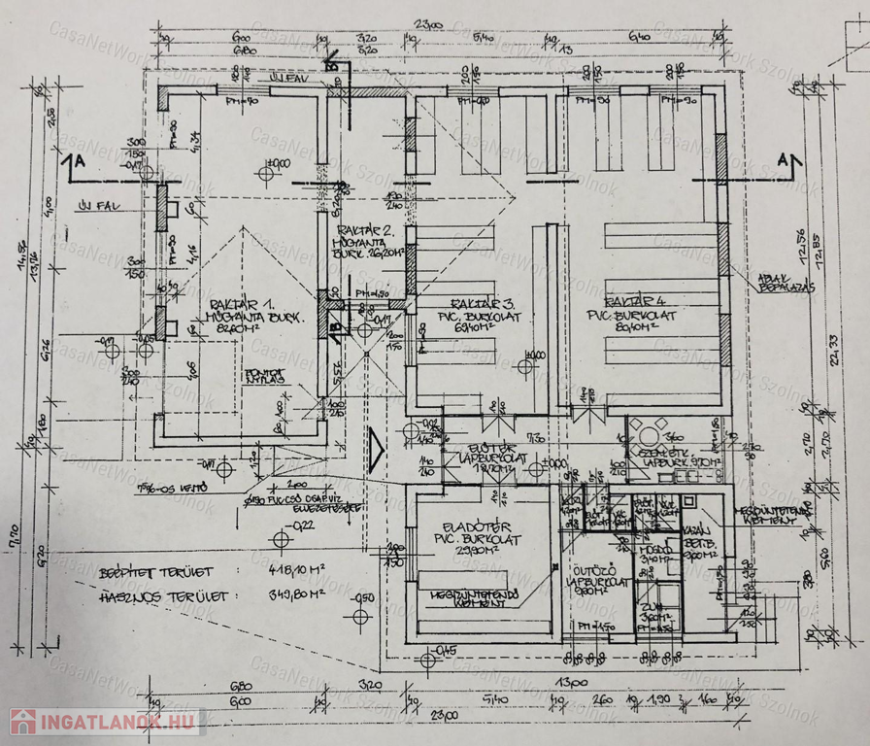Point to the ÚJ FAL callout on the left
point(97,206)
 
